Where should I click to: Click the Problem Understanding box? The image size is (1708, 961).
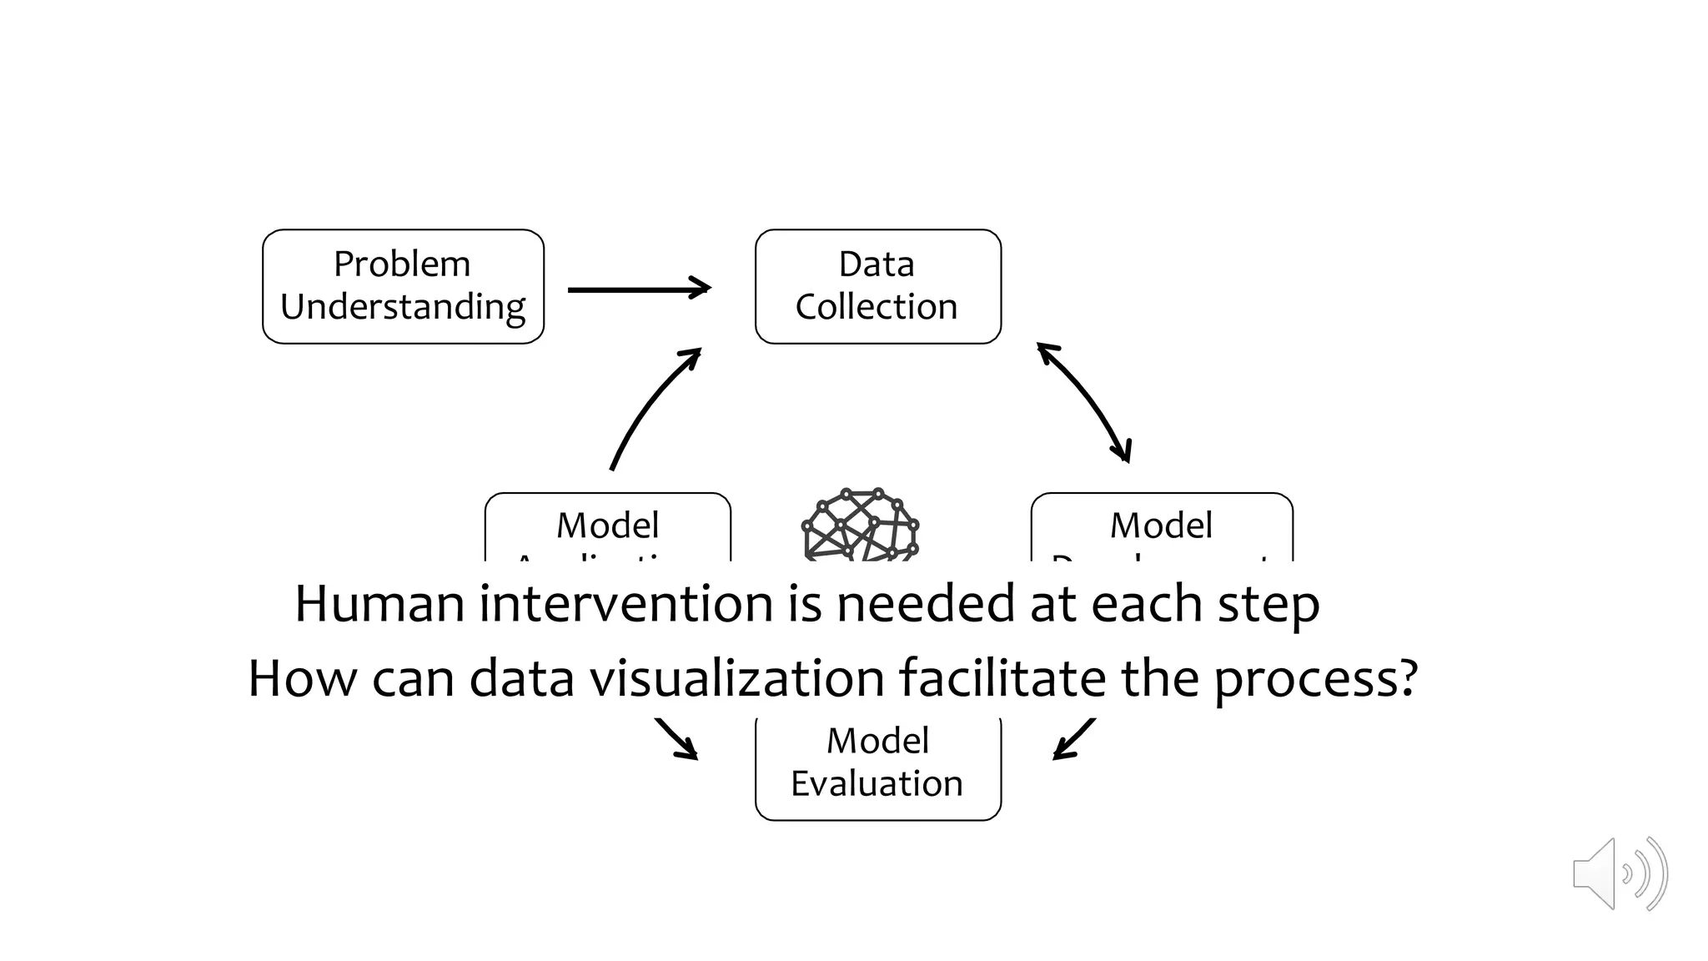point(403,286)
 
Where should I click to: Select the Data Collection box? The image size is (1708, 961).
point(877,286)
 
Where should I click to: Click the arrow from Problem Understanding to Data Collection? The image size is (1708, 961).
point(638,289)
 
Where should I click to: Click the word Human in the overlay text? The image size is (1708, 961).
point(379,604)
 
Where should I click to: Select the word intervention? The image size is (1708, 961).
point(625,604)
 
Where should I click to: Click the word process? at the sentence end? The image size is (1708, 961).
point(1314,680)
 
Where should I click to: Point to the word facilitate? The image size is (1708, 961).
point(1002,678)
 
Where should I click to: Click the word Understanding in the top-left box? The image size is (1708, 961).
point(403,308)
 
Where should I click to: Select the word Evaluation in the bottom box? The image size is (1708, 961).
point(877,784)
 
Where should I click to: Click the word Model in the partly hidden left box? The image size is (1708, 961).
point(607,526)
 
